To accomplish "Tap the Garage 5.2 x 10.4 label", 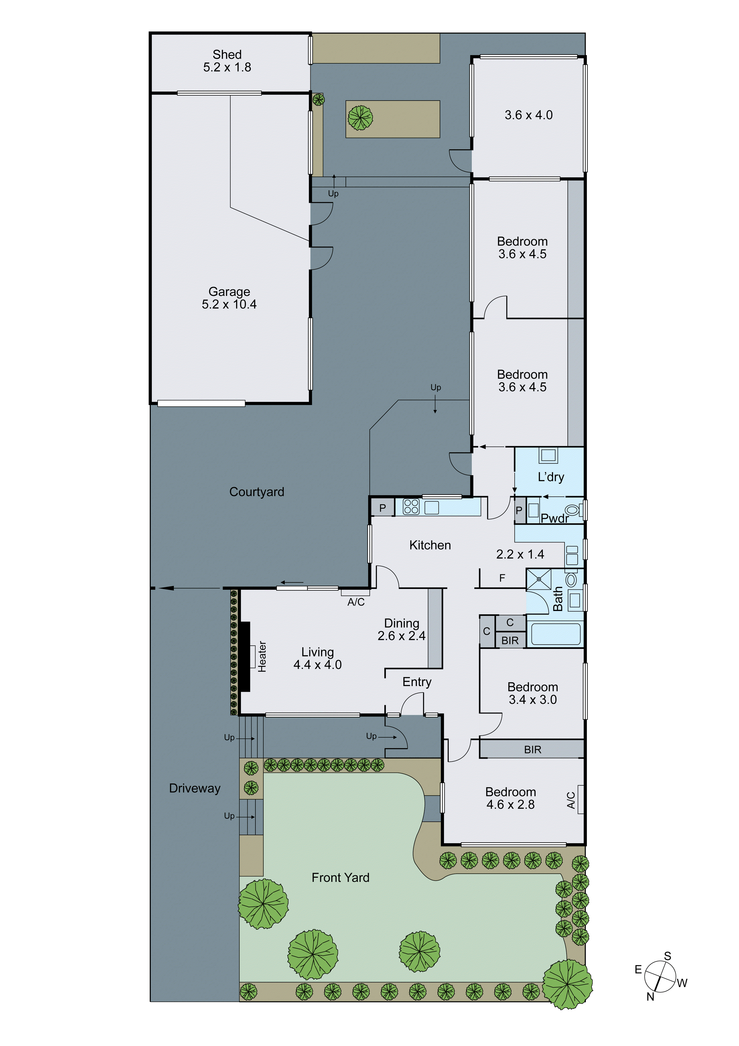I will tap(229, 298).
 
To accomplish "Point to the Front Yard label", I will tap(340, 877).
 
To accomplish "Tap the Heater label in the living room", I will tap(262, 656).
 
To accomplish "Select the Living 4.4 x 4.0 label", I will tap(317, 658).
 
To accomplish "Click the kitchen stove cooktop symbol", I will tap(411, 507).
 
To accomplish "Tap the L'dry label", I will tap(551, 477).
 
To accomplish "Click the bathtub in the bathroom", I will tap(555, 634).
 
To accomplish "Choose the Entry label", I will tap(417, 682).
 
